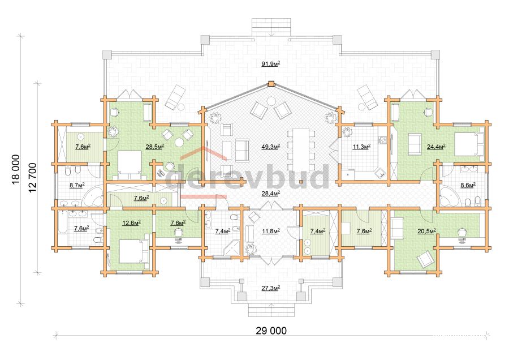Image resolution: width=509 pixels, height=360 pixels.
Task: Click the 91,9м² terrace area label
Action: pos(271,64)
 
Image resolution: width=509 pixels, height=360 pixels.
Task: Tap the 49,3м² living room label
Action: pos(271,147)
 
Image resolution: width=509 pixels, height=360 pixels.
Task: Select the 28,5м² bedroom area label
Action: pos(154,147)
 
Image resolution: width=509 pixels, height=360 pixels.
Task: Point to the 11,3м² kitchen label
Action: pos(361,147)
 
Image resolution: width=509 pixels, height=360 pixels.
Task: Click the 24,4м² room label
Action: pos(436,147)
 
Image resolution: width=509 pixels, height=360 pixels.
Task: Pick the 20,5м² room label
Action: pos(426,231)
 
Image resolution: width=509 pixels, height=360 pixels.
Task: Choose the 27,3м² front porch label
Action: pos(271,288)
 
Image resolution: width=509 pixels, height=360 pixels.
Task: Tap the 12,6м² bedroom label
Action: pos(131,222)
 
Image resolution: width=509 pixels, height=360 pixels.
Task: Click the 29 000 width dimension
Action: pos(271,331)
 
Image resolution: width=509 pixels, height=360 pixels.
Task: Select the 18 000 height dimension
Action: pos(16,169)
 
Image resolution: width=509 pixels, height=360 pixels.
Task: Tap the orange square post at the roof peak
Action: pos(271,84)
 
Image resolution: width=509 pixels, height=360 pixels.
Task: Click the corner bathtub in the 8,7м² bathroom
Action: pos(94,196)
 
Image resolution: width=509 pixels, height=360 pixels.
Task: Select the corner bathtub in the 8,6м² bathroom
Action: pos(449,196)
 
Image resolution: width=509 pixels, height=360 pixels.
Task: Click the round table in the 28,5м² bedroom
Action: pos(179,142)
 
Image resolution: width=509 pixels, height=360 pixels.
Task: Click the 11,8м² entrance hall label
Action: pos(271,231)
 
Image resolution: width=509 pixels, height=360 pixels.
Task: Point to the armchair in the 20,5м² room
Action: pos(425,259)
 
